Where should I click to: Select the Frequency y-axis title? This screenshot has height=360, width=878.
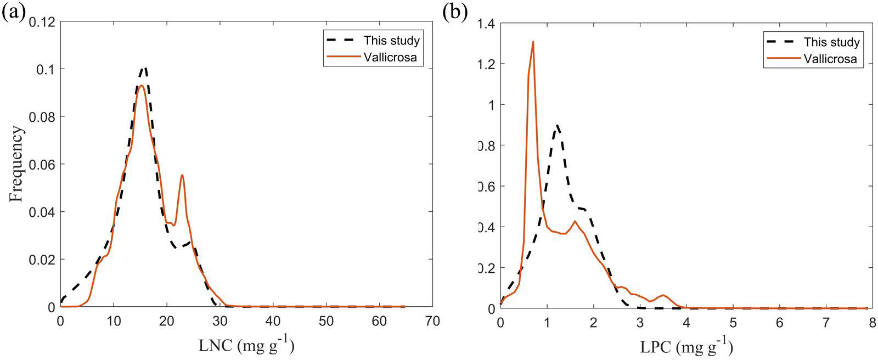click(16, 164)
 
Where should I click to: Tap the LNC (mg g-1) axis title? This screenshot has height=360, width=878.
click(245, 346)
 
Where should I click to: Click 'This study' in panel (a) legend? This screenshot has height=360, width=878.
click(391, 41)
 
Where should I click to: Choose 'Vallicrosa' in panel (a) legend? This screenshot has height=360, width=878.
click(393, 58)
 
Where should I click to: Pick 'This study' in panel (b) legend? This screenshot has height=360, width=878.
click(831, 42)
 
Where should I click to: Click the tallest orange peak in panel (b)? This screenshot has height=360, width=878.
click(532, 42)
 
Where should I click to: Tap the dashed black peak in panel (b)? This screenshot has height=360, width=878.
click(557, 126)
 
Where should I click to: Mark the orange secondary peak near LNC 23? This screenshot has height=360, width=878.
click(182, 176)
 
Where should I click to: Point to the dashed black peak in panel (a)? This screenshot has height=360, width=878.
click(145, 68)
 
